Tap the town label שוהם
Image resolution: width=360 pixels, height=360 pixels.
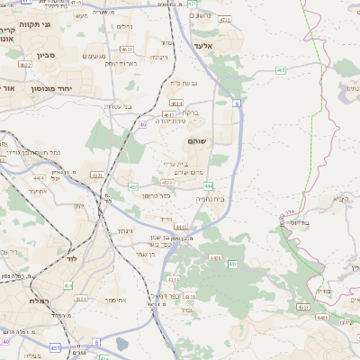[198, 141]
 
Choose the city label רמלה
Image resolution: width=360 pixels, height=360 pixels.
[38, 300]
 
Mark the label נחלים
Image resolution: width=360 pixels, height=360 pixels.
[125, 28]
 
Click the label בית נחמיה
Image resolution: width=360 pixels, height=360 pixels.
[211, 199]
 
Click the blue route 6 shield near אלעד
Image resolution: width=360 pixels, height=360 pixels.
[238, 103]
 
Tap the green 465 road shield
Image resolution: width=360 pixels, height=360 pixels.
[281, 69]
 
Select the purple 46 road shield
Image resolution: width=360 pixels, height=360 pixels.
[142, 125]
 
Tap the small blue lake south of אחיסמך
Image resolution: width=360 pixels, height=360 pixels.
[121, 343]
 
